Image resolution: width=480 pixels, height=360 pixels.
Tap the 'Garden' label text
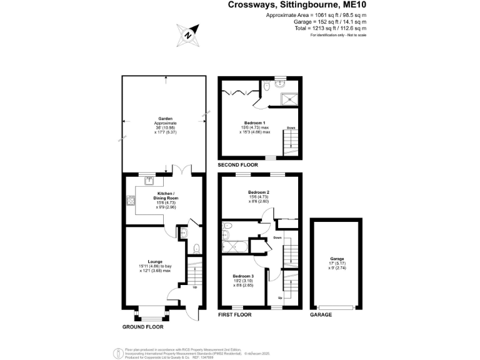(x=165, y=118)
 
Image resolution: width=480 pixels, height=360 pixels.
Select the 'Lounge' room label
(x=155, y=261)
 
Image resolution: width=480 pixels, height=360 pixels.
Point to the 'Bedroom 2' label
(x=258, y=192)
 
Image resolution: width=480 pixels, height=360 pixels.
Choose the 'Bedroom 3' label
(x=243, y=276)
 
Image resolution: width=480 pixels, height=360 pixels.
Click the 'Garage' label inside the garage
(x=337, y=259)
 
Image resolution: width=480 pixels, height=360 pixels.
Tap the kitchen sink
(x=149, y=181)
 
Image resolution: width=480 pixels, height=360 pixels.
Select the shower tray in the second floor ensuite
(x=289, y=97)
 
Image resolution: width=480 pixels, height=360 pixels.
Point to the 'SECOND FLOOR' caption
(x=237, y=165)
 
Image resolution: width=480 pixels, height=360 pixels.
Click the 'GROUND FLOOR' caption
(x=143, y=327)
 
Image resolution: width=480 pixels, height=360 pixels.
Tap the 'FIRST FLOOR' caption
(x=234, y=315)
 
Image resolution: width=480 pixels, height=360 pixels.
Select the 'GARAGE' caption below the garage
(x=321, y=315)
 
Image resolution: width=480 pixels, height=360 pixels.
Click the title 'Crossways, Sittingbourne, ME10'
(x=297, y=5)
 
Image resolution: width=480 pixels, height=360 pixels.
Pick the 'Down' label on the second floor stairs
(x=291, y=128)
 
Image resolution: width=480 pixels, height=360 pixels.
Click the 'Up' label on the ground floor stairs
(x=194, y=288)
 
